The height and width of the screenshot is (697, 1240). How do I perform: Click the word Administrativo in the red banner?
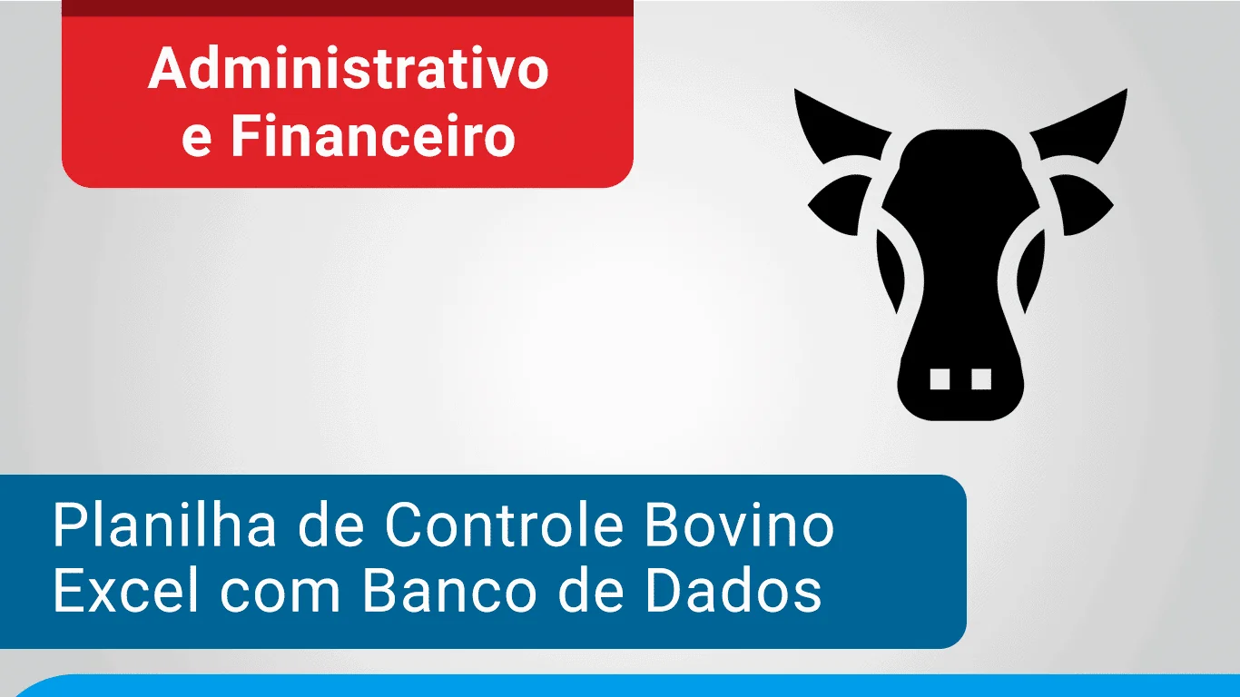(349, 68)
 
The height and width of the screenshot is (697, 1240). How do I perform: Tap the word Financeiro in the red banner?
(373, 135)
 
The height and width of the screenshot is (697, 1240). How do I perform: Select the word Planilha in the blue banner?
(164, 525)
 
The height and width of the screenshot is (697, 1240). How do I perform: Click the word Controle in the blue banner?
(505, 525)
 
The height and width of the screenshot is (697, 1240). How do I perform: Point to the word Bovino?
(739, 525)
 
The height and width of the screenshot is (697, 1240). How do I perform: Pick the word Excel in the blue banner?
(125, 590)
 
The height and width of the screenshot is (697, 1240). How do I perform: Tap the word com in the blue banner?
(280, 596)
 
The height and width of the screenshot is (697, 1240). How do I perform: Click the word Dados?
(733, 590)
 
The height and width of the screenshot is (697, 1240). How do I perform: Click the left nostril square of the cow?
(940, 379)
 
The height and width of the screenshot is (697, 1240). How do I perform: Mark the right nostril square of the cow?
(981, 379)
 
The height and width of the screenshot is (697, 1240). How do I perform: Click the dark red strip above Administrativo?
(348, 8)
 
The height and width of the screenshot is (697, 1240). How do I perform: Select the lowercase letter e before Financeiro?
(196, 142)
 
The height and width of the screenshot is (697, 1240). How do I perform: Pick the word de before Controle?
(331, 525)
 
